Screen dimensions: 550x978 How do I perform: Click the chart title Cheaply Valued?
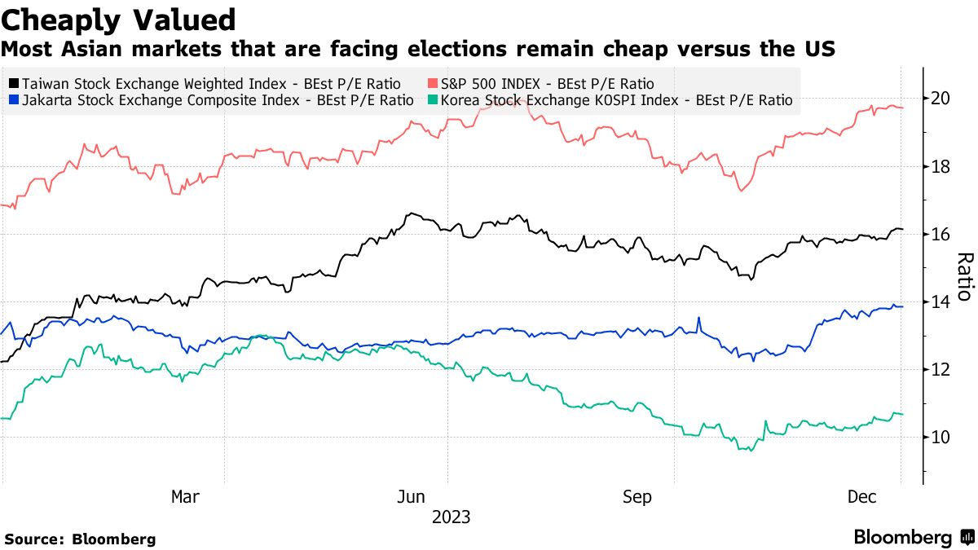(120, 20)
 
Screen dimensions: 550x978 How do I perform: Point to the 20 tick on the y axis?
(941, 99)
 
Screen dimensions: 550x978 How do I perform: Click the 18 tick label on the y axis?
(941, 167)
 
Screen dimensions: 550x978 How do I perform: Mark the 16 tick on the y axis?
(941, 235)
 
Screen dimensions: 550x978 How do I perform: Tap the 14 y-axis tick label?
(941, 302)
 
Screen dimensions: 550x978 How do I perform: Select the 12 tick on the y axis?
(941, 370)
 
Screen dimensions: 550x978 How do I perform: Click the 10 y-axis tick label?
(941, 438)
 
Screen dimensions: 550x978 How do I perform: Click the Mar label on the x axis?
(186, 496)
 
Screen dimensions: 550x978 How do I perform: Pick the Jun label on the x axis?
(412, 496)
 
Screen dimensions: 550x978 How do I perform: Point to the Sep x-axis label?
(637, 496)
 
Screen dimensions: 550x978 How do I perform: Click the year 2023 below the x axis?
(451, 517)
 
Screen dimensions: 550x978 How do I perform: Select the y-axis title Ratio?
(963, 276)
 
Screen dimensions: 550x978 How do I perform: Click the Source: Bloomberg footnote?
(80, 539)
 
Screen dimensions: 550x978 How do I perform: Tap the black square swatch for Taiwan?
(14, 83)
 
